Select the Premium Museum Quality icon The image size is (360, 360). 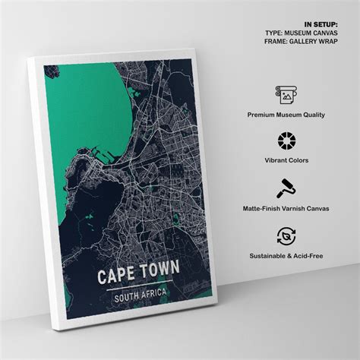[286, 94]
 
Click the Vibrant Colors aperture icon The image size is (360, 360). [286, 141]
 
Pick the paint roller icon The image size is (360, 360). [286, 188]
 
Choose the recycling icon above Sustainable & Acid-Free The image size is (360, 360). [286, 235]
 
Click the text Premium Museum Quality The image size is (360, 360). [286, 115]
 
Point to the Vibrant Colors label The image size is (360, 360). [286, 162]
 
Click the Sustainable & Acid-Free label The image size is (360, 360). [286, 256]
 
